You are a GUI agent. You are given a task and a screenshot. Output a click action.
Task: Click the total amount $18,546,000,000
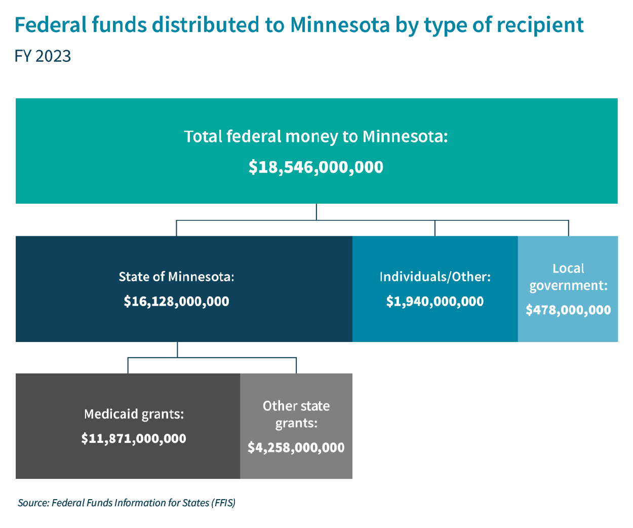tap(316, 167)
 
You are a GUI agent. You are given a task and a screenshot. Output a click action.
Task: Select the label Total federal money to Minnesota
tap(316, 136)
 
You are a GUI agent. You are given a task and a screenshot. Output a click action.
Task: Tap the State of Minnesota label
tap(176, 277)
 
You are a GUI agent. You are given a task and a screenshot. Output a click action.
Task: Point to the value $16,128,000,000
tap(176, 301)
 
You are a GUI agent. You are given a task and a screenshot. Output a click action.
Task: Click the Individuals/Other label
tap(435, 277)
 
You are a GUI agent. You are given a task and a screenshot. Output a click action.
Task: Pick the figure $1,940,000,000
tap(435, 301)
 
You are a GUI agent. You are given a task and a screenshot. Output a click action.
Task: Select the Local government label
tap(568, 277)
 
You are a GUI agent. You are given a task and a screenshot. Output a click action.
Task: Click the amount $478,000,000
tap(568, 310)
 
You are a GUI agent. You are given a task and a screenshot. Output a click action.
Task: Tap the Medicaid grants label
tap(134, 414)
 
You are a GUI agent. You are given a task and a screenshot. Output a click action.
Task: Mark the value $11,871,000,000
tap(134, 438)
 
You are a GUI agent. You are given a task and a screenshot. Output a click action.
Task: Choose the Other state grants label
tap(296, 414)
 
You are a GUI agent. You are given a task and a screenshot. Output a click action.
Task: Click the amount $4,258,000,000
tap(296, 447)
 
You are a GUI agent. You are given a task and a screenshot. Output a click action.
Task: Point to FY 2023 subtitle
tap(43, 56)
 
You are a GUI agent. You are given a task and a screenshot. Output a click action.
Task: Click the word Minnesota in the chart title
tap(339, 25)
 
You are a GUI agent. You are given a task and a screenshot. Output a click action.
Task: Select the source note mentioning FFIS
tap(127, 503)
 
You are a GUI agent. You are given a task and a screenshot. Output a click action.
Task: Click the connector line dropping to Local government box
tap(568, 228)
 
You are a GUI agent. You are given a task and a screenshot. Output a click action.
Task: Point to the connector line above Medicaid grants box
tap(128, 365)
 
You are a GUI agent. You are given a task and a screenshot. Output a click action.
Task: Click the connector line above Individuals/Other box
tap(435, 228)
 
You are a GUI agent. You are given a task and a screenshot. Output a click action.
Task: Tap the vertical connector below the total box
tap(316, 212)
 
